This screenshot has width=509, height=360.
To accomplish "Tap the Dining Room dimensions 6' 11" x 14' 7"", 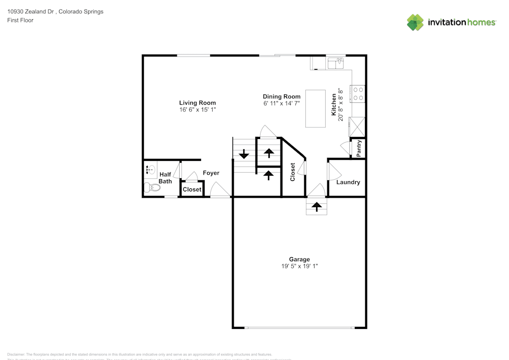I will pyautogui.click(x=281, y=103).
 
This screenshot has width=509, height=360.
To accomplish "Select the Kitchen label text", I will pyautogui.click(x=334, y=105).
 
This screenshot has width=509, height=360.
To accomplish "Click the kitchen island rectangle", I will pyautogui.click(x=315, y=109).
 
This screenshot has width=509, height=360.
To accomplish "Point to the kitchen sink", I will pyautogui.click(x=336, y=63).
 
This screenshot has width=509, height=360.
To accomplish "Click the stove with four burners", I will pyautogui.click(x=358, y=93).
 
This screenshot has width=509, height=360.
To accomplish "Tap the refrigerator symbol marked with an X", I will pyautogui.click(x=357, y=126).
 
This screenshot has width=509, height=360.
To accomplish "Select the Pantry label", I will pyautogui.click(x=359, y=148).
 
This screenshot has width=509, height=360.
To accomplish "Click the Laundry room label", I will pyautogui.click(x=348, y=182).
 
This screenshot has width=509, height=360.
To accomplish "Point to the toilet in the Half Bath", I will pyautogui.click(x=152, y=188).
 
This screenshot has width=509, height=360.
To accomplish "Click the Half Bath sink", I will pyautogui.click(x=150, y=169).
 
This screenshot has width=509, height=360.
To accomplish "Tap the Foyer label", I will pyautogui.click(x=211, y=173).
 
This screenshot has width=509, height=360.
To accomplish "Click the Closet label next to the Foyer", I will pyautogui.click(x=192, y=189).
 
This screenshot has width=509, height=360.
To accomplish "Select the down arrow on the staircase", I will pyautogui.click(x=244, y=153).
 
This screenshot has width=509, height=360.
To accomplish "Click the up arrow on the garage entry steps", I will pyautogui.click(x=316, y=206).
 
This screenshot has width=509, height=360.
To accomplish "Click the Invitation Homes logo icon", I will pyautogui.click(x=415, y=22).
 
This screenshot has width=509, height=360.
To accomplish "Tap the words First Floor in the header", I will pyautogui.click(x=20, y=20).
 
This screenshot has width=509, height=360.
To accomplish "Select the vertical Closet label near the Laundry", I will pyautogui.click(x=293, y=172).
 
